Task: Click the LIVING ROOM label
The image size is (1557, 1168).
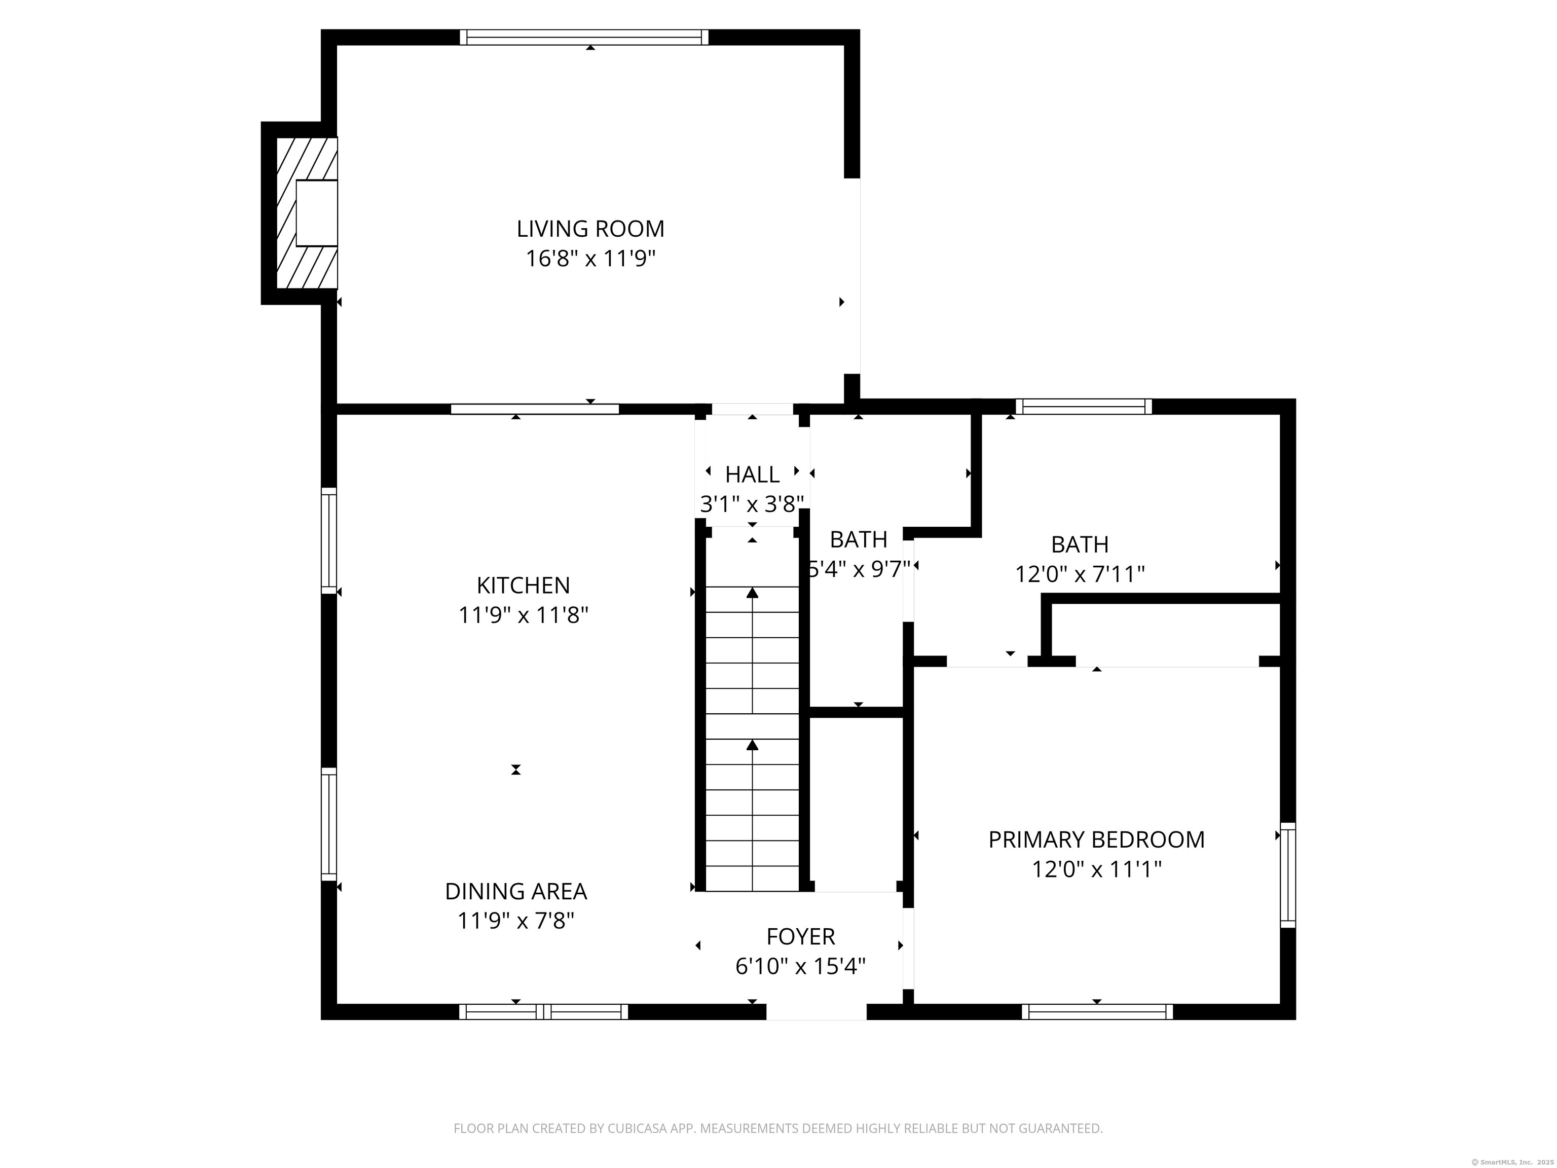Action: pyautogui.click(x=590, y=229)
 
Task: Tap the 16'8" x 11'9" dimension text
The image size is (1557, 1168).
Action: pyautogui.click(x=590, y=259)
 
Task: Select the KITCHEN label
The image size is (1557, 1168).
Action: pyautogui.click(x=523, y=585)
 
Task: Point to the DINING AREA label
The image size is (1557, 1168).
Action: pyautogui.click(x=516, y=891)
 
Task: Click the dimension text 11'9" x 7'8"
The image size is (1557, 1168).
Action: pyautogui.click(x=516, y=921)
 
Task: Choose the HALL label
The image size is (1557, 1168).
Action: pyautogui.click(x=753, y=474)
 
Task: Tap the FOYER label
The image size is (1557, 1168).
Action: pyautogui.click(x=800, y=936)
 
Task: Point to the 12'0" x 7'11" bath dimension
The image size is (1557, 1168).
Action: pyautogui.click(x=1080, y=574)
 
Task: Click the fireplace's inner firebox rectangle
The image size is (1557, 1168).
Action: pyautogui.click(x=317, y=212)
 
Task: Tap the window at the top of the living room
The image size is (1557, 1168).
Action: pyautogui.click(x=584, y=38)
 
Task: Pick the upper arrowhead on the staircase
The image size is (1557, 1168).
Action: pyautogui.click(x=753, y=592)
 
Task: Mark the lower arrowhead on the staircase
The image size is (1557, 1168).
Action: pyautogui.click(x=753, y=744)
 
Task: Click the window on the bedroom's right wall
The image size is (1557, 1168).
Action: pyautogui.click(x=1287, y=874)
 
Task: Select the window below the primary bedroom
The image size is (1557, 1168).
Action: pyautogui.click(x=1097, y=1012)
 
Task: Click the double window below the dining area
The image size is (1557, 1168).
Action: pyautogui.click(x=543, y=1012)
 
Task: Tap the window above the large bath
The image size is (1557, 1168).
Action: pyautogui.click(x=1084, y=406)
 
